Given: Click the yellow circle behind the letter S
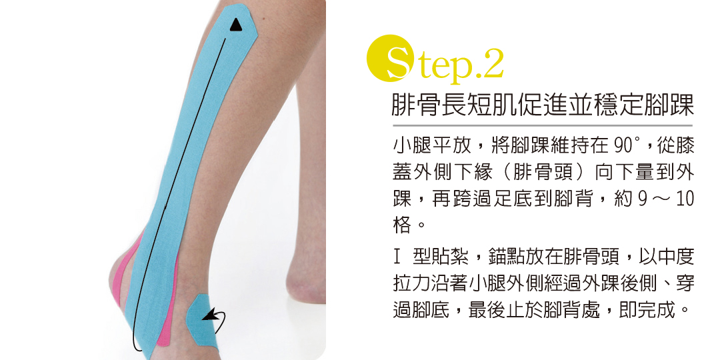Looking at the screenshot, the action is pyautogui.click(x=390, y=58).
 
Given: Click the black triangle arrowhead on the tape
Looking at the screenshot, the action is pyautogui.click(x=235, y=25).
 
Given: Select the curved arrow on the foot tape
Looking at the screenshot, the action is pyautogui.click(x=215, y=320).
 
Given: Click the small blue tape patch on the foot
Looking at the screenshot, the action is pyautogui.click(x=203, y=321).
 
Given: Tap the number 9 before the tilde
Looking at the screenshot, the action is pyautogui.click(x=643, y=199).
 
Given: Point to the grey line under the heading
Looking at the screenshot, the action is pyautogui.click(x=542, y=125).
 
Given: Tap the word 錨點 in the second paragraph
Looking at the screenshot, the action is pyautogui.click(x=506, y=257).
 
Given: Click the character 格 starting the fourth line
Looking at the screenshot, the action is pyautogui.click(x=402, y=225).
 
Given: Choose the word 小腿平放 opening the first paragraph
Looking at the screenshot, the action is pyautogui.click(x=430, y=147).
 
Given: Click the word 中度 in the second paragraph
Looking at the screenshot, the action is pyautogui.click(x=675, y=257).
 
